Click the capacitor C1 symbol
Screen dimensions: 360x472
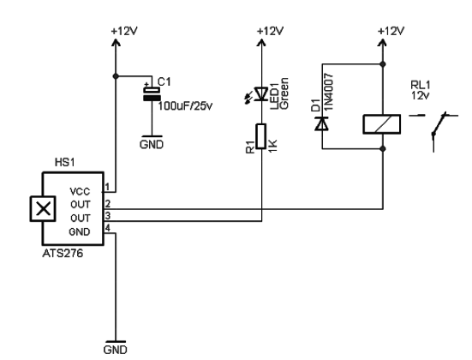tap(151, 93)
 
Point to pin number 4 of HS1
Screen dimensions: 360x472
tap(108, 226)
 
